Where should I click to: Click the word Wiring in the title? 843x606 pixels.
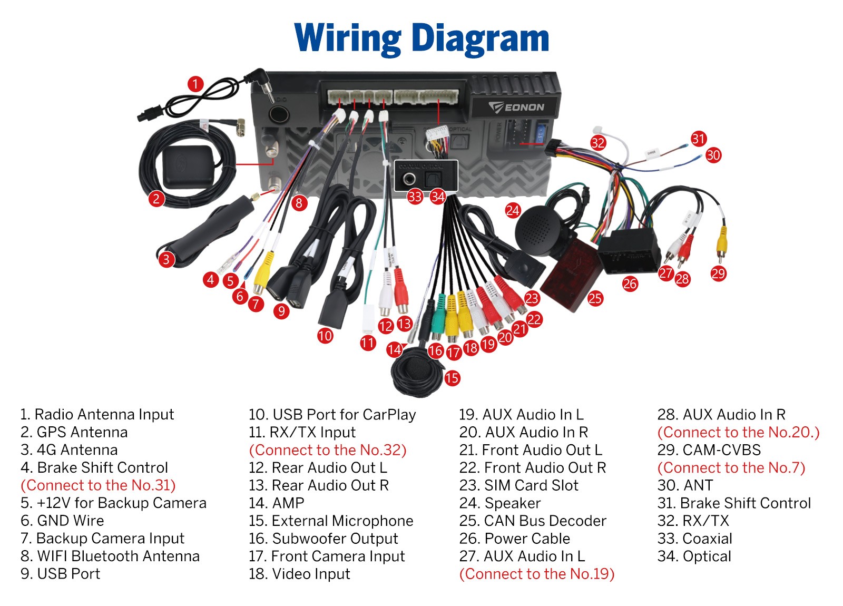point(348,38)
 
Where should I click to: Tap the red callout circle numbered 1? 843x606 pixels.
point(195,84)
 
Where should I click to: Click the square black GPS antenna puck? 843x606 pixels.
point(189,166)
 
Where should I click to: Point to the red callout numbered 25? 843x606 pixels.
point(595,298)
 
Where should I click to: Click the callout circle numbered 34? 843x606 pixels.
point(438,197)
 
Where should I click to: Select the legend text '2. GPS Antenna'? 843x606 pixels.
point(74,432)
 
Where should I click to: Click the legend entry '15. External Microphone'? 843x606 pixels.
point(331,521)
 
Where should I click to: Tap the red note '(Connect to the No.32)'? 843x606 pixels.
point(328,450)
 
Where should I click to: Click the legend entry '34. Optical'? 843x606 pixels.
point(694,556)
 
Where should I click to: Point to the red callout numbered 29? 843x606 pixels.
point(718,273)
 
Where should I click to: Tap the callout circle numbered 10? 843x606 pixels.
point(325,336)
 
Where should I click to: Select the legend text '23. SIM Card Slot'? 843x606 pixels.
point(519,485)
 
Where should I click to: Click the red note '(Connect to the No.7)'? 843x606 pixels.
point(731,467)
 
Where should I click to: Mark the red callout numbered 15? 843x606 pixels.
point(452,378)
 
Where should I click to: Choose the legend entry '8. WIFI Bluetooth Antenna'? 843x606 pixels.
point(110,556)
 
